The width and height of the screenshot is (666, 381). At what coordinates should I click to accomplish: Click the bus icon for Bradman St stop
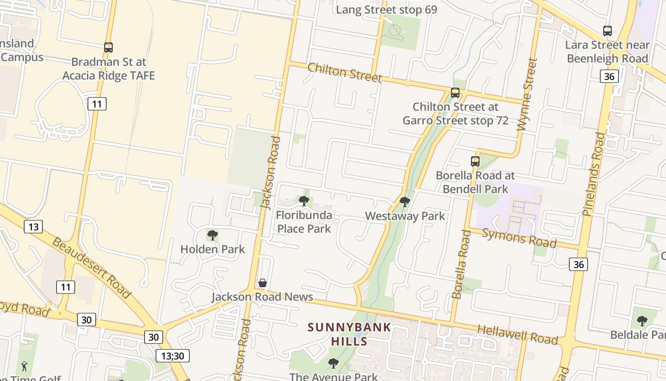108,48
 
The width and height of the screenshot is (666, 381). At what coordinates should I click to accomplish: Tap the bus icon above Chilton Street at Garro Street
455,93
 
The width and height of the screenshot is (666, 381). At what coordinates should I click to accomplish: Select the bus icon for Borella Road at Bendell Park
475,161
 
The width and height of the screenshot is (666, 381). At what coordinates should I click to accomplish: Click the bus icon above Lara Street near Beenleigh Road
607,31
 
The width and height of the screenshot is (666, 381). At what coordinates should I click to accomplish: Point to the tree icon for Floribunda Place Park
304,201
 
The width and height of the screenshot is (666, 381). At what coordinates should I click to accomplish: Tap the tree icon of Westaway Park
405,202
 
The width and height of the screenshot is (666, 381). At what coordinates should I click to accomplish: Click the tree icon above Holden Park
213,235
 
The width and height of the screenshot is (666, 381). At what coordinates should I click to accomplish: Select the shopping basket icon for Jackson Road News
262,283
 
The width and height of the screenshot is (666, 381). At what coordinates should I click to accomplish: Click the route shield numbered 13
33,227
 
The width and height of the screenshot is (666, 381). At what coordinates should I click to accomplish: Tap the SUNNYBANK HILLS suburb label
349,334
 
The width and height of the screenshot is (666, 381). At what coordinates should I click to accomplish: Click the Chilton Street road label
344,72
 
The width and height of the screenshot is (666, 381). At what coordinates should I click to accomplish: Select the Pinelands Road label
594,174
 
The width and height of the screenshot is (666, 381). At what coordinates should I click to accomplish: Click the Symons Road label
519,238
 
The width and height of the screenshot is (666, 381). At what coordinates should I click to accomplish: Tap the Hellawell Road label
517,334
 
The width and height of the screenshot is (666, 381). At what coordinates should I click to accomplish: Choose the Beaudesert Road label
91,267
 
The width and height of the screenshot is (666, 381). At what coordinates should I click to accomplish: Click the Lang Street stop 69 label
386,10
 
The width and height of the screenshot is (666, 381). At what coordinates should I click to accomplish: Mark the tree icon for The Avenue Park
333,363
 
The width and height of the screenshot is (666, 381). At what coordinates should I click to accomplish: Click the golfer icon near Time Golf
24,366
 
